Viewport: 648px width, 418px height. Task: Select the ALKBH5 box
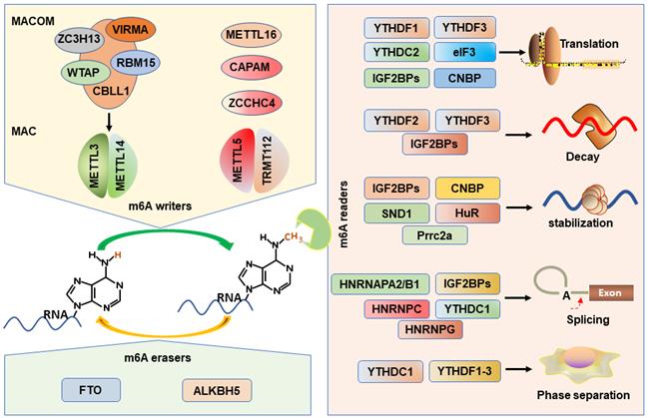point(212,386)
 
